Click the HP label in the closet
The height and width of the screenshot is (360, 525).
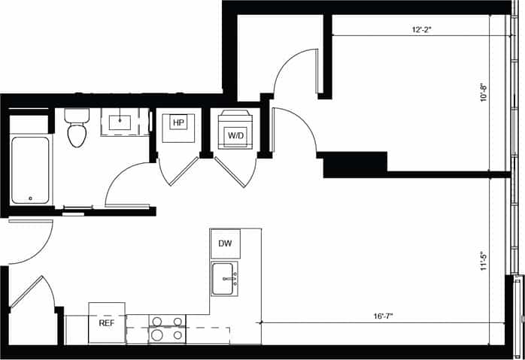pyautogui.click(x=178, y=123)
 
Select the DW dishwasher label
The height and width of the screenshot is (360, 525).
pyautogui.click(x=225, y=244)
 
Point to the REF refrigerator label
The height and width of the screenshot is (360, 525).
pyautogui.click(x=106, y=322)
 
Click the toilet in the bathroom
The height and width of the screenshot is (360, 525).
pyautogui.click(x=77, y=129)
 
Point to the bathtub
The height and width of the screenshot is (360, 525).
pyautogui.click(x=30, y=169)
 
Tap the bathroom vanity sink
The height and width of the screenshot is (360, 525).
pyautogui.click(x=120, y=121)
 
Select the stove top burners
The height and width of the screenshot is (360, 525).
pyautogui.click(x=166, y=328)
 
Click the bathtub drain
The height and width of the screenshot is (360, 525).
pyautogui.click(x=30, y=198)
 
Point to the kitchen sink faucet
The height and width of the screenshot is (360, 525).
pyautogui.click(x=234, y=280)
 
